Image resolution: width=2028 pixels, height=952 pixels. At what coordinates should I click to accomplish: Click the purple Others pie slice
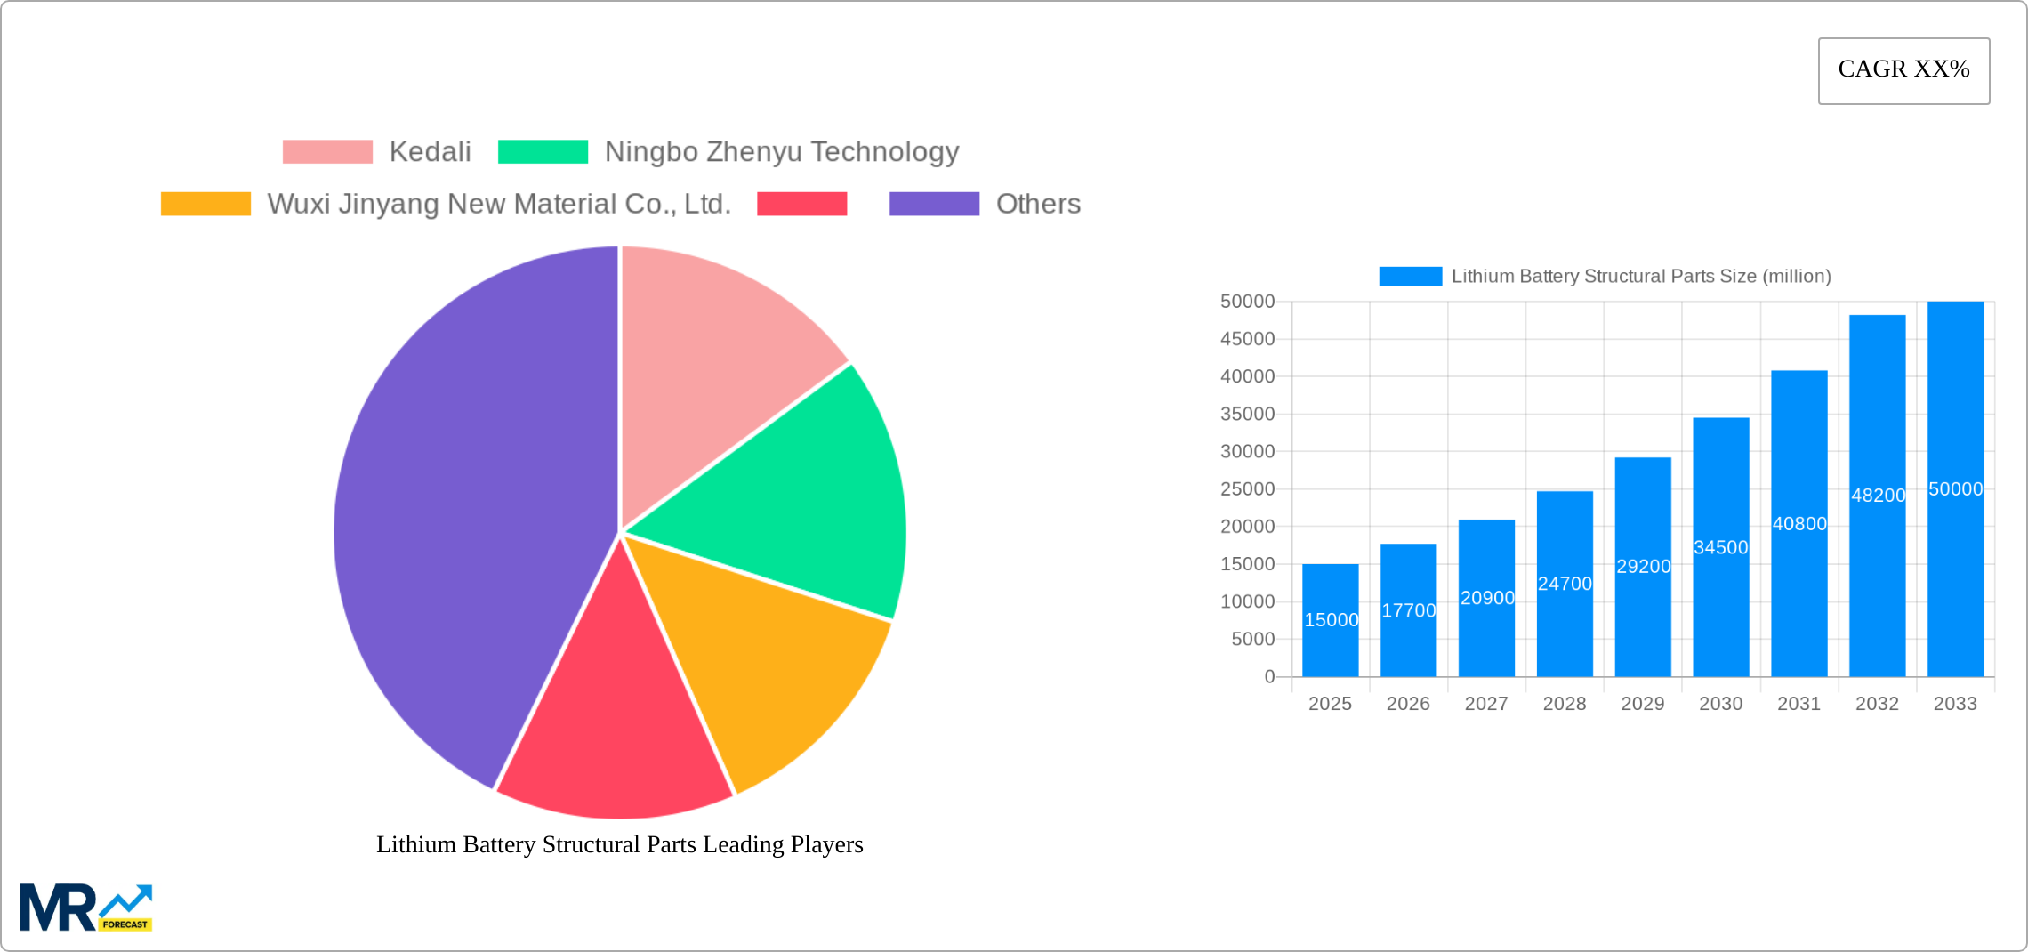(x=463, y=516)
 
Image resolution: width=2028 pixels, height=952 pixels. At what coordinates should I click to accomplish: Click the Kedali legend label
(x=430, y=152)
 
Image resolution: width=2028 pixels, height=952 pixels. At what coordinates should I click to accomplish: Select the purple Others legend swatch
(x=934, y=204)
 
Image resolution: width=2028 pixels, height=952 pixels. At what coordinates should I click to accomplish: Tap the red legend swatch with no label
(x=801, y=204)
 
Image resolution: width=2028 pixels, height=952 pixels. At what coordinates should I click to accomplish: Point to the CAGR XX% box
(x=1903, y=70)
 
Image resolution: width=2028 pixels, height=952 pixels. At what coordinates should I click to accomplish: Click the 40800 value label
(x=1799, y=524)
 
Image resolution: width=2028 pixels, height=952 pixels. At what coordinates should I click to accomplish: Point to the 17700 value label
(x=1408, y=610)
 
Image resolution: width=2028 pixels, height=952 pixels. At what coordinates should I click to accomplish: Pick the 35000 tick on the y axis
(x=1247, y=414)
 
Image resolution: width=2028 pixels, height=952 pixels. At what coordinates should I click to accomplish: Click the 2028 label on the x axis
(x=1565, y=704)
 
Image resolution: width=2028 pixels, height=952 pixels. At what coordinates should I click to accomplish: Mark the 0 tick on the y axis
(x=1269, y=676)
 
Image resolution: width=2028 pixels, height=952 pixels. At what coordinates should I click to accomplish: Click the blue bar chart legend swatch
(x=1410, y=277)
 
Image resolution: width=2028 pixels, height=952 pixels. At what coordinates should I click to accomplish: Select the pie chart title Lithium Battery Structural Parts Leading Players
(x=619, y=844)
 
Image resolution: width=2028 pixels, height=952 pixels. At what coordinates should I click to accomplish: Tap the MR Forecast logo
(x=85, y=907)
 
